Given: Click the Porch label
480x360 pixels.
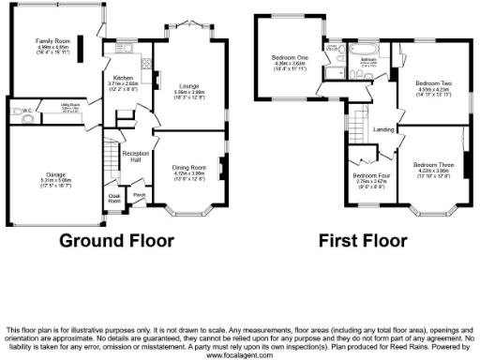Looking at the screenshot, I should tap(139, 195).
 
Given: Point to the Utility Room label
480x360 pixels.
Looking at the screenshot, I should tap(70, 105).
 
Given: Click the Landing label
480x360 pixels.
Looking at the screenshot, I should tap(382, 128).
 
